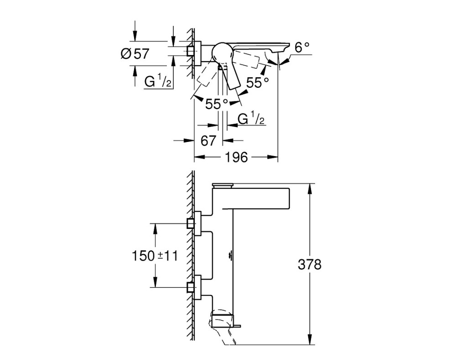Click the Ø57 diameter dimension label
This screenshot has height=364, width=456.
click(135, 54)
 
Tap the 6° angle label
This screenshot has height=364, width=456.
click(302, 48)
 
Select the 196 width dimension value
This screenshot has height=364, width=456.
click(236, 157)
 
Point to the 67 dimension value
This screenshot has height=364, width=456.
click(208, 141)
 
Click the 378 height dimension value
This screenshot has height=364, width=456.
click(310, 264)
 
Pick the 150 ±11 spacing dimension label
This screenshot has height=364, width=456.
click(155, 256)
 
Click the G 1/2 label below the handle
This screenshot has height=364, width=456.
click(251, 119)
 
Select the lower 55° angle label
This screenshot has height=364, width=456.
click(216, 104)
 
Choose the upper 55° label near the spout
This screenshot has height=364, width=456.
click(257, 82)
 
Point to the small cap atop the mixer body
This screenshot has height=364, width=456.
click(223, 185)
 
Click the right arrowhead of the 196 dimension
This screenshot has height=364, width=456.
click(273, 157)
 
